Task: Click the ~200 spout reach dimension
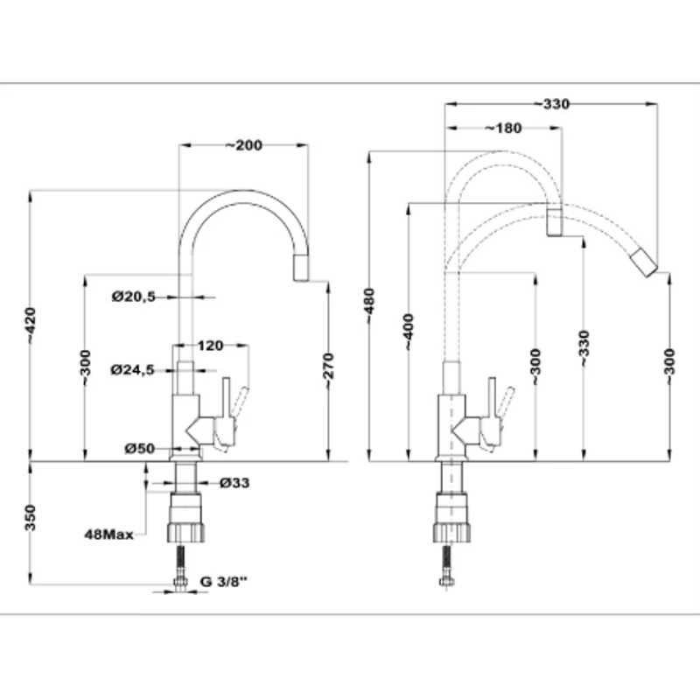(243, 145)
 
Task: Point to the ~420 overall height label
(31, 325)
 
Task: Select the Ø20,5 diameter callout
(134, 297)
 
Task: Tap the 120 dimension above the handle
(210, 346)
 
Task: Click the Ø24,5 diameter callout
(133, 369)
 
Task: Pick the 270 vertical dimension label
(328, 366)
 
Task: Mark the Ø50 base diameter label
(140, 448)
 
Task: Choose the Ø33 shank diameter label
(234, 483)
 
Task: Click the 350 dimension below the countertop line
(30, 518)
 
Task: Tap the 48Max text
(108, 535)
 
